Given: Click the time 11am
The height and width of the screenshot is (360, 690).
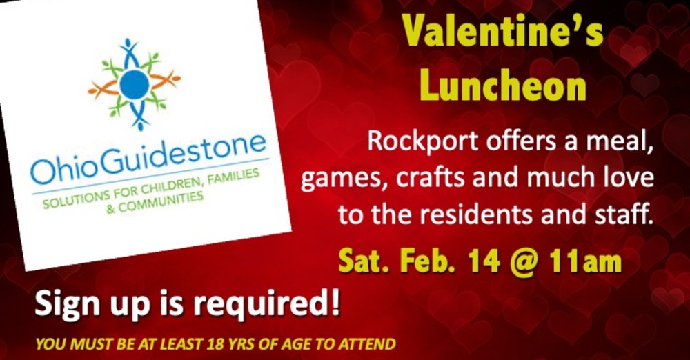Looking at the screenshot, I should point(586,261).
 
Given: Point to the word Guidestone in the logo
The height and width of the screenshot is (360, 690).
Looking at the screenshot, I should point(190,152).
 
